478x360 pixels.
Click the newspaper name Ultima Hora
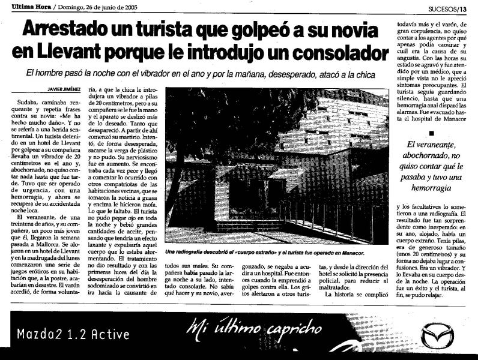[18, 7]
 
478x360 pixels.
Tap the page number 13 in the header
[472, 8]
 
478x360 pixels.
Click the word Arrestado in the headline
[62, 28]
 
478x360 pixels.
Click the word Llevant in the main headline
[68, 52]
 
